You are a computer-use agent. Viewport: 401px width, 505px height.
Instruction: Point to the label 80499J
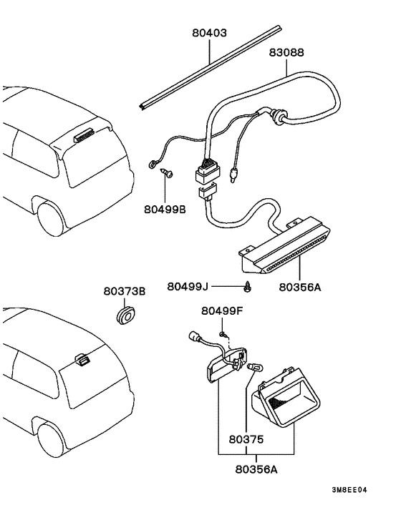188,286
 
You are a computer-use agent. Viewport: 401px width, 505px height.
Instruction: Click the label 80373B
124,291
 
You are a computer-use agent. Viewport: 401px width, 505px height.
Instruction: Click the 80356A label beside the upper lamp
299,287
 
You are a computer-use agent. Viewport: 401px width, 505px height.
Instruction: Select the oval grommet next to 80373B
126,314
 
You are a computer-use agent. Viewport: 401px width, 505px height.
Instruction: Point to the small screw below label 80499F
223,333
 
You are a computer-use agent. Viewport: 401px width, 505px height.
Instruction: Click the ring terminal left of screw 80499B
151,166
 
